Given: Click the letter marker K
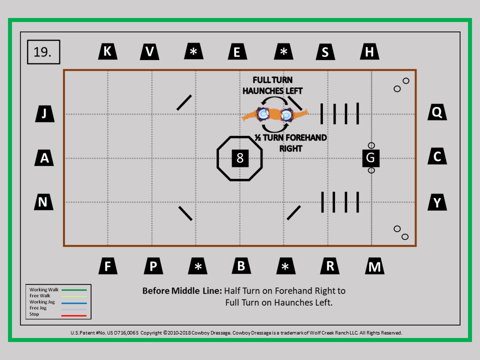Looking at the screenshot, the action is [108, 51].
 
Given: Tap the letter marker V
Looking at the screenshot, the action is [149, 51].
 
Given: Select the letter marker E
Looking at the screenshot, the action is [237, 51].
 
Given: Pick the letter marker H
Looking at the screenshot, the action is [370, 51].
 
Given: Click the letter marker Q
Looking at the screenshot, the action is [437, 112].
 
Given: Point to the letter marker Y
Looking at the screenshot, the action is [437, 202].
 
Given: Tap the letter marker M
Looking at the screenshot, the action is [374, 266].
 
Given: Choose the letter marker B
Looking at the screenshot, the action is [241, 265].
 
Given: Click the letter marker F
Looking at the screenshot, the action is [108, 265].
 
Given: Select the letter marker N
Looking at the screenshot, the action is [43, 201].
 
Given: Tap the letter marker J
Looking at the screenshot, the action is [45, 114].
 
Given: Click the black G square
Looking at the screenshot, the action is [370, 158].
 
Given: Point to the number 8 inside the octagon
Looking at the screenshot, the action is [240, 158].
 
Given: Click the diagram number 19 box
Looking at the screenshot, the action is [43, 52].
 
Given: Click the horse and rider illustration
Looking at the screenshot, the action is [274, 114].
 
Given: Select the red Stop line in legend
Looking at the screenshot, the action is [74, 315].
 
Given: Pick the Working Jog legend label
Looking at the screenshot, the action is [42, 302].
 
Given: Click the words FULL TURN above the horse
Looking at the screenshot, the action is [272, 80].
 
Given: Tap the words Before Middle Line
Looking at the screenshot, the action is [182, 290].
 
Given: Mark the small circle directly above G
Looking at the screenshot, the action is [371, 145].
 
